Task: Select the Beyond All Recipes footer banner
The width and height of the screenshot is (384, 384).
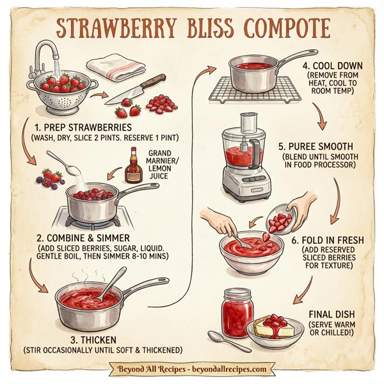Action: (192, 369)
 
